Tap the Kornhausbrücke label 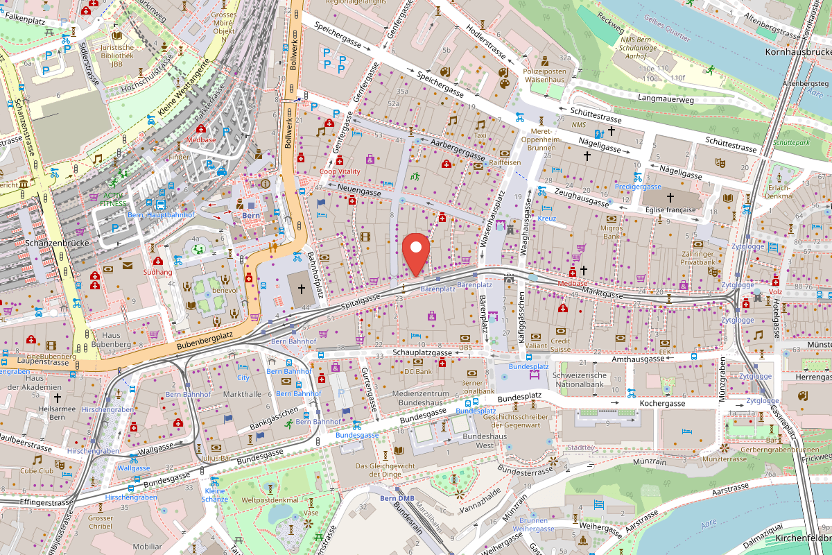pos(797,52)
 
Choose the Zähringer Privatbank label pos(697,259)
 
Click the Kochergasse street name pos(662,403)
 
